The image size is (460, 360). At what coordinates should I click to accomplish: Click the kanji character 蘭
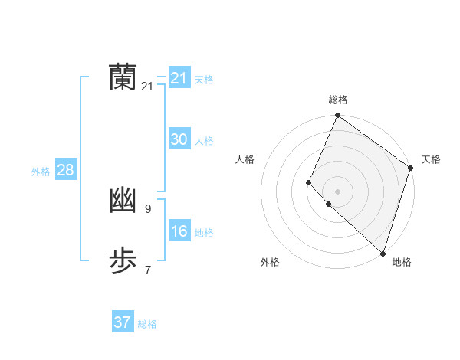click(x=123, y=77)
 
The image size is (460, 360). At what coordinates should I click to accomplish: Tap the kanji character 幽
click(x=123, y=201)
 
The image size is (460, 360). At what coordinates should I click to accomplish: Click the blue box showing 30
click(x=179, y=139)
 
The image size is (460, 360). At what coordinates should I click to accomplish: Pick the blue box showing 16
click(x=179, y=231)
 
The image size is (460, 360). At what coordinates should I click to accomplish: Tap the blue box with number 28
click(x=65, y=170)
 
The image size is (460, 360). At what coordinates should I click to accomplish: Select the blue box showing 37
click(x=123, y=322)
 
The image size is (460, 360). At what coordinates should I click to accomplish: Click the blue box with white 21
click(x=179, y=77)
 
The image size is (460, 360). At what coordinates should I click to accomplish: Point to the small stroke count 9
click(x=147, y=208)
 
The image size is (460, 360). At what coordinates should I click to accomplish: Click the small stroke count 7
click(x=147, y=270)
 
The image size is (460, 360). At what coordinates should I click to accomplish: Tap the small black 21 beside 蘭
click(x=147, y=87)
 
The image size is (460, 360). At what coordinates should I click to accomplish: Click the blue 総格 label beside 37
click(x=147, y=324)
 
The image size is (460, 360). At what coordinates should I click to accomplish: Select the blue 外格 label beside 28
click(x=41, y=172)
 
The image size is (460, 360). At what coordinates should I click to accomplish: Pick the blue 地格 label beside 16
click(x=204, y=233)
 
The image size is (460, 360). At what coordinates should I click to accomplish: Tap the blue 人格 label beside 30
click(x=204, y=141)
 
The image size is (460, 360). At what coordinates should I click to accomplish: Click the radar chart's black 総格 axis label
click(x=337, y=100)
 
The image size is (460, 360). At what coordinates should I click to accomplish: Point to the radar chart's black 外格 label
click(x=270, y=263)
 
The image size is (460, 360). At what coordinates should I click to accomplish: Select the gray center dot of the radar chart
click(x=337, y=191)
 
